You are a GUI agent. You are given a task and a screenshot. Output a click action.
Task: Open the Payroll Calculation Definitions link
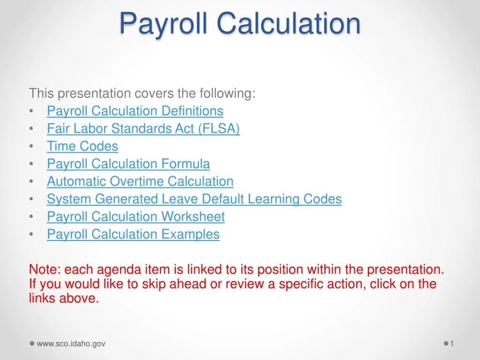tap(135, 111)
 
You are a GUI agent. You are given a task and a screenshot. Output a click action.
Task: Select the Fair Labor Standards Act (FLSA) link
tap(143, 128)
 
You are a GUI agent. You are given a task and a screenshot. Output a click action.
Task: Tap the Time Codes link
tap(82, 146)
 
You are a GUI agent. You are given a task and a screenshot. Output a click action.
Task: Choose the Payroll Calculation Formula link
tap(128, 164)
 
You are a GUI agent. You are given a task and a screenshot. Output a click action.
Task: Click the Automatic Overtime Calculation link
tap(140, 181)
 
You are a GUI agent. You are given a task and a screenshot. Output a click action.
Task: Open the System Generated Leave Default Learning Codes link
tap(194, 199)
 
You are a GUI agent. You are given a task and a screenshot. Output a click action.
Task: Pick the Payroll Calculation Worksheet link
tap(135, 217)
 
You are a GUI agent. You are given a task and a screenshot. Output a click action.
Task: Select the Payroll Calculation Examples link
tap(133, 234)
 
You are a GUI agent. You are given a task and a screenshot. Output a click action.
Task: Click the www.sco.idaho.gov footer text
tap(71, 344)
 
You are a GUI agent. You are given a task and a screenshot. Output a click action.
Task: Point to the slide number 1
tap(452, 344)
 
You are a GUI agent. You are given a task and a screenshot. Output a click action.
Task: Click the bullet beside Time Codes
tap(31, 147)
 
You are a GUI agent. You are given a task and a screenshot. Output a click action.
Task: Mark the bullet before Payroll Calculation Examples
tap(31, 235)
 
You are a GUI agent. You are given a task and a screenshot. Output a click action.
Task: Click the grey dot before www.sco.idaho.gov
tap(32, 344)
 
